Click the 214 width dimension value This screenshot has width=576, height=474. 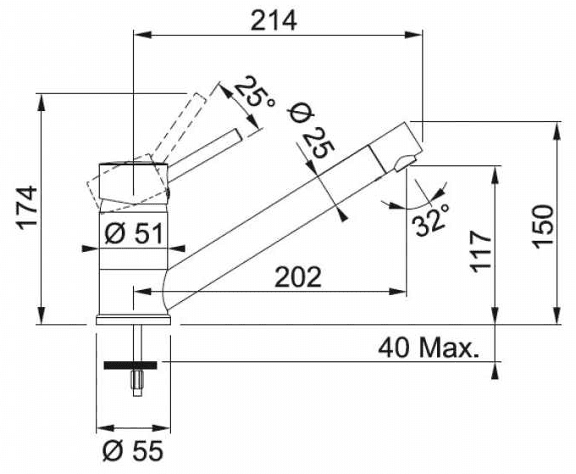[x=273, y=20]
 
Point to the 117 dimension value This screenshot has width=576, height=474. [x=479, y=250]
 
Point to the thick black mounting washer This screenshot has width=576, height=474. [x=131, y=366]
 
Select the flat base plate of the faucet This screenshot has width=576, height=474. [x=134, y=320]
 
